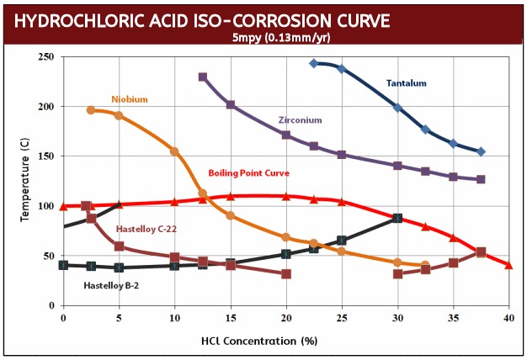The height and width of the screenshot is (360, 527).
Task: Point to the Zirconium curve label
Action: pos(300,120)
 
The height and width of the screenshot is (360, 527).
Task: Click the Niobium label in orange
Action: pos(129,99)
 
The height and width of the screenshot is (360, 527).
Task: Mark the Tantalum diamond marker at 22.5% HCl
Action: pos(313,63)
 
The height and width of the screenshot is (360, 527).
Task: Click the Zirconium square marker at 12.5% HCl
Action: pos(203,77)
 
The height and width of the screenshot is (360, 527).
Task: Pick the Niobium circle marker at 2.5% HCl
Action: pos(91,110)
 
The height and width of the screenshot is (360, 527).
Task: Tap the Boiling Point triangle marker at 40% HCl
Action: pos(508,265)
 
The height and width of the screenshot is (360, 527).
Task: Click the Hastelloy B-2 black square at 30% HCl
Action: pos(397,218)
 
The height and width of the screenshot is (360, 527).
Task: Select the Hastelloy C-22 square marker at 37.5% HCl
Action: pos(481,252)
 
